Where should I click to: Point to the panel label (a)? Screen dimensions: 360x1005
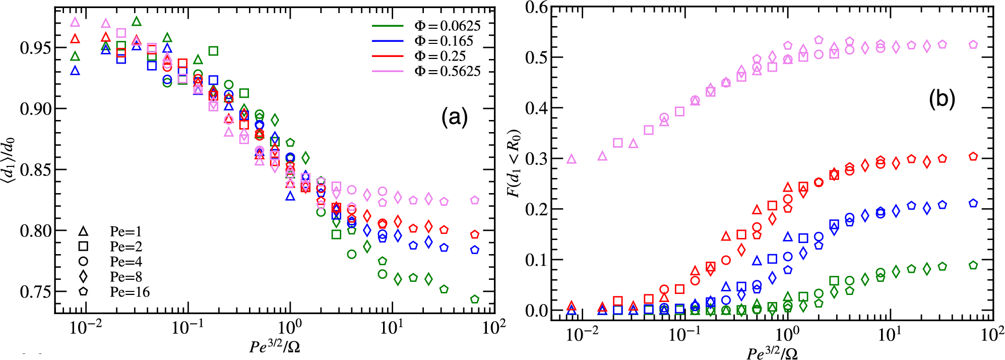click(455, 117)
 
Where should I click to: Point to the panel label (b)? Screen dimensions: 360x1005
click(942, 100)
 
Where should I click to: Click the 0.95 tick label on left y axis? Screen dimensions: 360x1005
click(35, 48)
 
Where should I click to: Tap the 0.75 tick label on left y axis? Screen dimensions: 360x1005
click(35, 292)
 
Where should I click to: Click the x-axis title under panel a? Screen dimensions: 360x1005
click(275, 346)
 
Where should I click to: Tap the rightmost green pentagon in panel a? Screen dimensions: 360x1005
click(475, 299)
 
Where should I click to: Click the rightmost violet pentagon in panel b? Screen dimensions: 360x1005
click(973, 44)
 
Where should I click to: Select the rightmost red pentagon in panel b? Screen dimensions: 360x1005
click(973, 156)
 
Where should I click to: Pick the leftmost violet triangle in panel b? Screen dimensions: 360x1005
click(571, 159)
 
